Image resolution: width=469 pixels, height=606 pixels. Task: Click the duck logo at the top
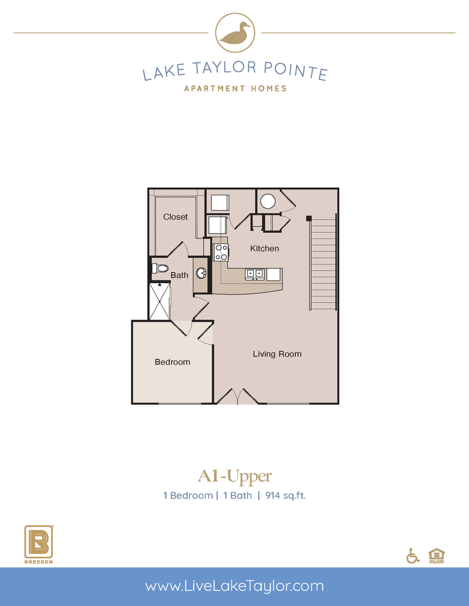point(235,33)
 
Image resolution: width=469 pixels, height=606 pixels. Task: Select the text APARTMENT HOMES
point(235,88)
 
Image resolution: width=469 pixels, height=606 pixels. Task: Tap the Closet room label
point(175,217)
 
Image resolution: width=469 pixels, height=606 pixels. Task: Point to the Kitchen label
point(264,248)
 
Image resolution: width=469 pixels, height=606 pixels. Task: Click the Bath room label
point(179,275)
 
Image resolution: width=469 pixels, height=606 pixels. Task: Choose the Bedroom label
point(172,362)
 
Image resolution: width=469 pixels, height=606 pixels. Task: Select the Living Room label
point(277,354)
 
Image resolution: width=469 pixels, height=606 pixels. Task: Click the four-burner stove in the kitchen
point(221,252)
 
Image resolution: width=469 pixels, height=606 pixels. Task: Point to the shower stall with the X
point(160,301)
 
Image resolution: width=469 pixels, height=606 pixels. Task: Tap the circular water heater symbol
point(267,201)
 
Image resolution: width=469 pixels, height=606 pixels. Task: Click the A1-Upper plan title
point(234,476)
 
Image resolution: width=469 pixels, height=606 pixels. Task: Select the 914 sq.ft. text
point(284,495)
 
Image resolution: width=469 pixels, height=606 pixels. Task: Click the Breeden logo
point(39,543)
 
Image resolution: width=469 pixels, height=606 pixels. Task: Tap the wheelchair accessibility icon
point(413,555)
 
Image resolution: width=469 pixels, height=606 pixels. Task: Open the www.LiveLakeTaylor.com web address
point(234,586)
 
